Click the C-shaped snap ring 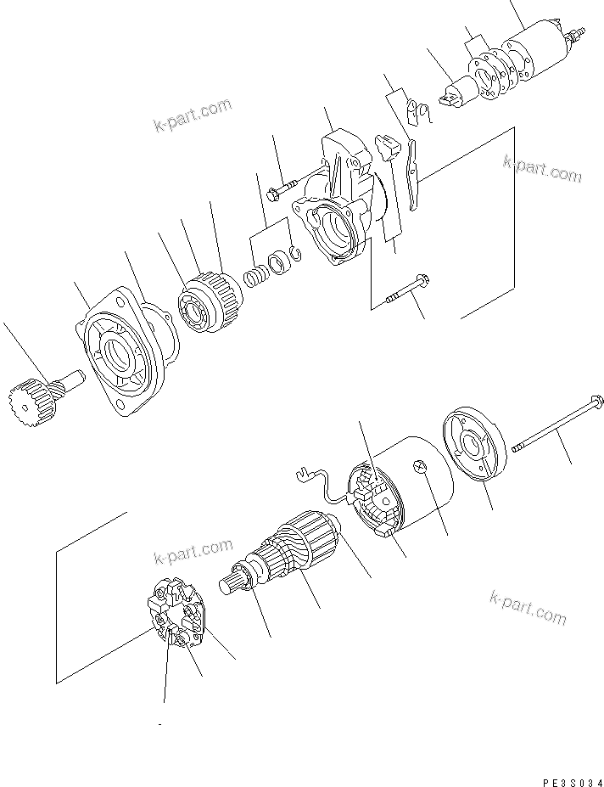point(294,251)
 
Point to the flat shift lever point(413,174)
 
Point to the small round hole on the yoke point(418,466)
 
